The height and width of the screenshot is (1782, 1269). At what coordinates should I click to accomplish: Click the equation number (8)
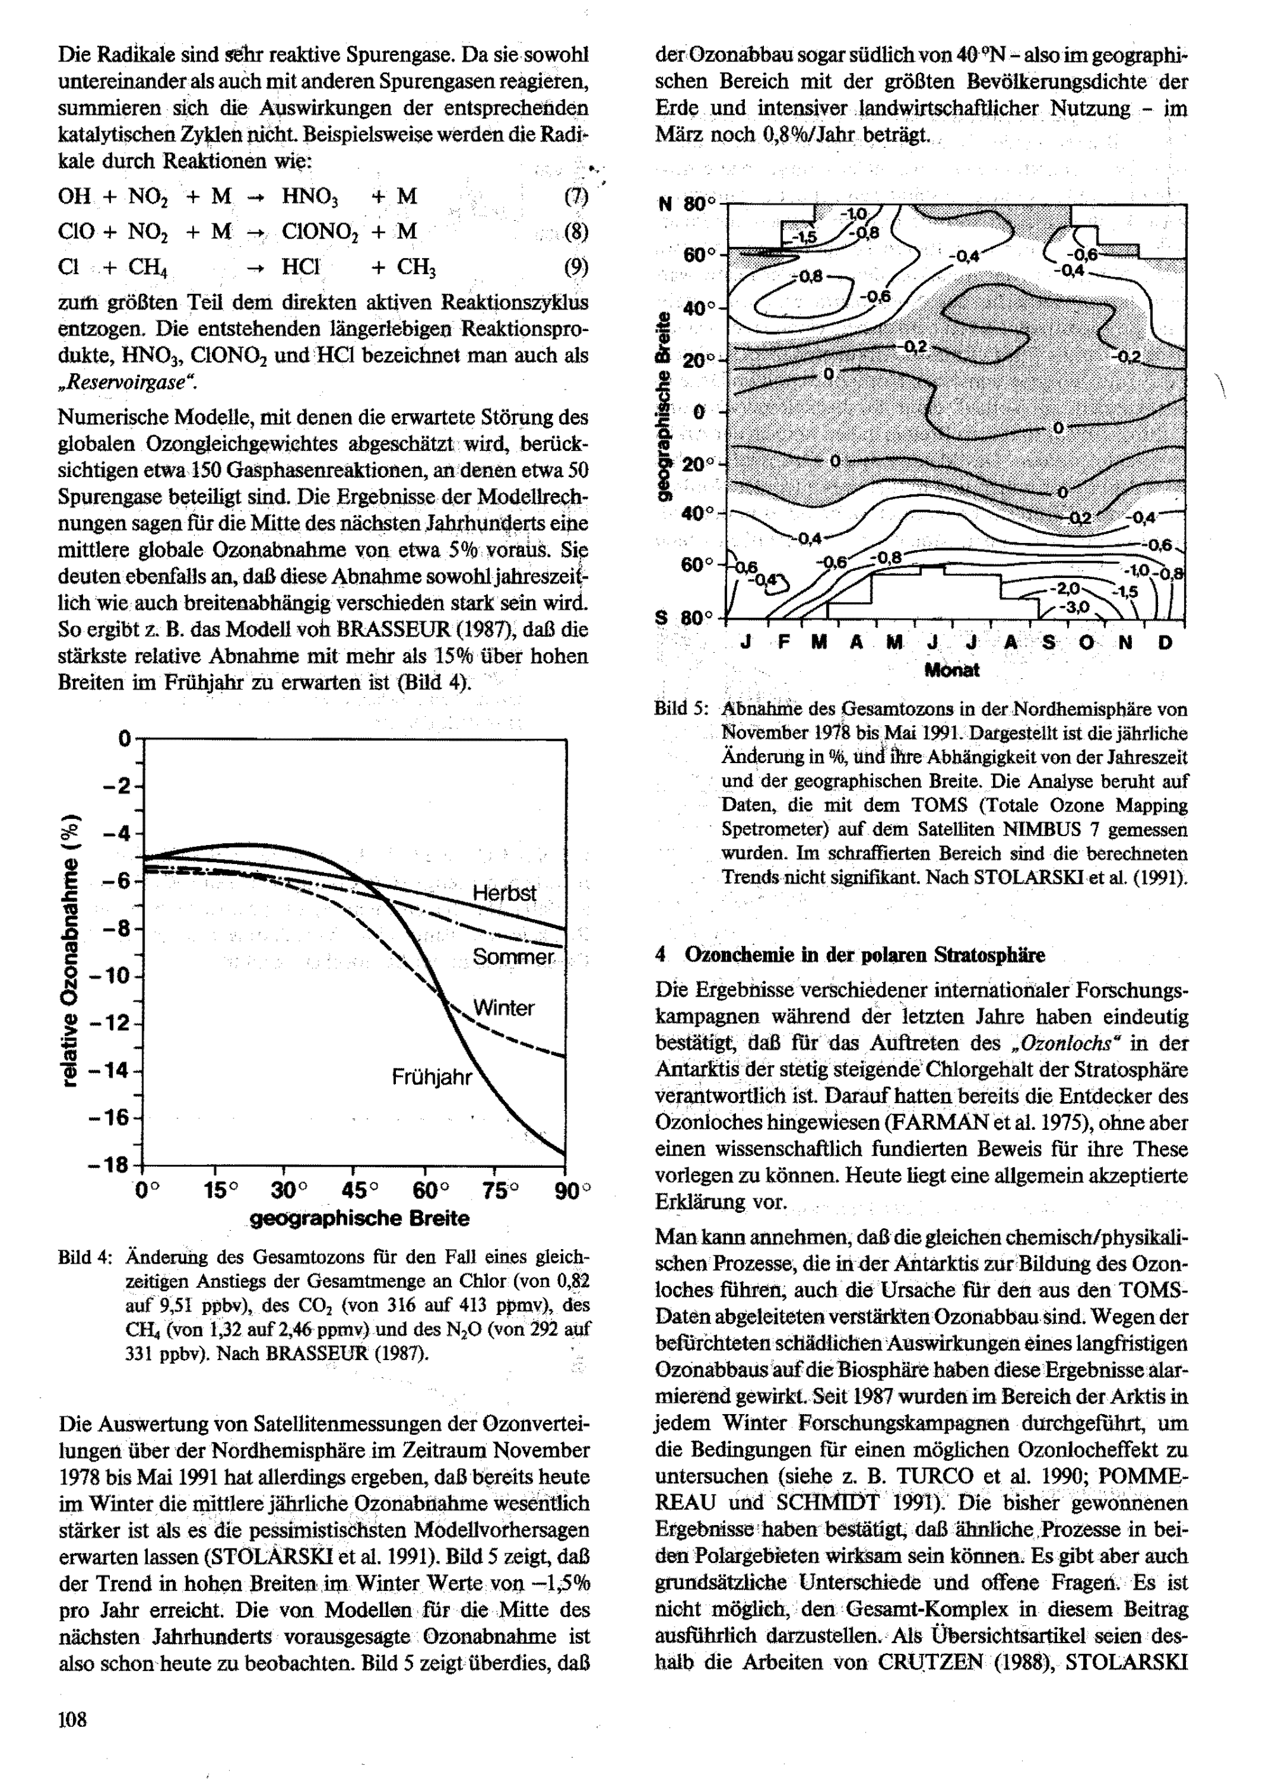tap(575, 232)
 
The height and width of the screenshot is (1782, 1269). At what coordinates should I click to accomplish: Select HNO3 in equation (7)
tap(310, 197)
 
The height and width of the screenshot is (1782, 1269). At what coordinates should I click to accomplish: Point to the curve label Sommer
tap(513, 957)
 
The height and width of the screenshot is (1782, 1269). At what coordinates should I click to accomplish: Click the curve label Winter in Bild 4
tap(503, 1008)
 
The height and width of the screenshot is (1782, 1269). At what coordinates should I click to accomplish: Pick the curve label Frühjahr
tap(432, 1078)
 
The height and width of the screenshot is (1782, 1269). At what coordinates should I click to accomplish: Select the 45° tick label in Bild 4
tap(360, 1191)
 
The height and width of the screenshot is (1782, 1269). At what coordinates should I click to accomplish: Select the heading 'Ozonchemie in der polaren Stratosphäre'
tap(864, 955)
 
